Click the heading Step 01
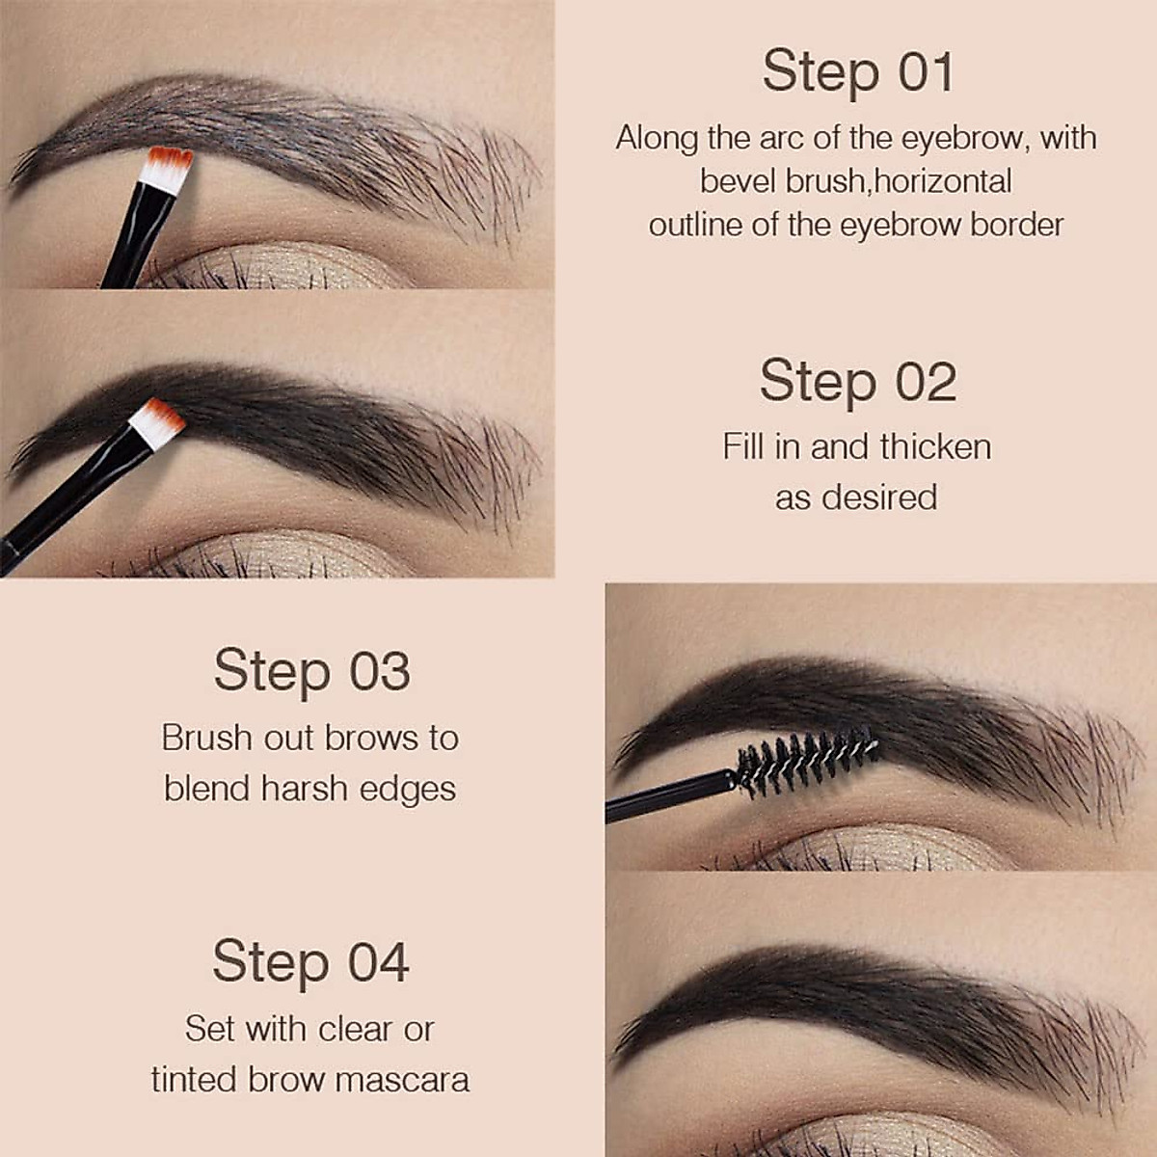(857, 72)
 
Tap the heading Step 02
(857, 381)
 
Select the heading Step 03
(311, 670)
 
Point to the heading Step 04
(310, 961)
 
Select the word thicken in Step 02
(935, 446)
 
